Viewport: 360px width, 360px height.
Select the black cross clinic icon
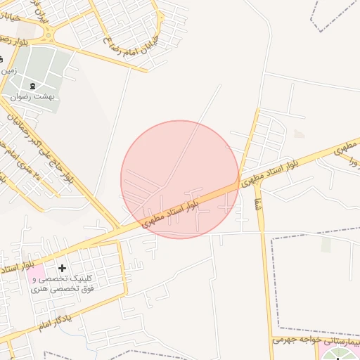click(62, 268)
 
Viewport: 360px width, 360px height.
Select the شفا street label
click(257, 205)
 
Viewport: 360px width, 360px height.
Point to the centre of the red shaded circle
click(180, 179)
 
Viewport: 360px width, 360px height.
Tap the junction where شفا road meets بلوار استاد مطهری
click(241, 182)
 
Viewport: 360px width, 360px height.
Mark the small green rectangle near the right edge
click(326, 244)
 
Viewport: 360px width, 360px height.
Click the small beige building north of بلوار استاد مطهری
click(300, 134)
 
